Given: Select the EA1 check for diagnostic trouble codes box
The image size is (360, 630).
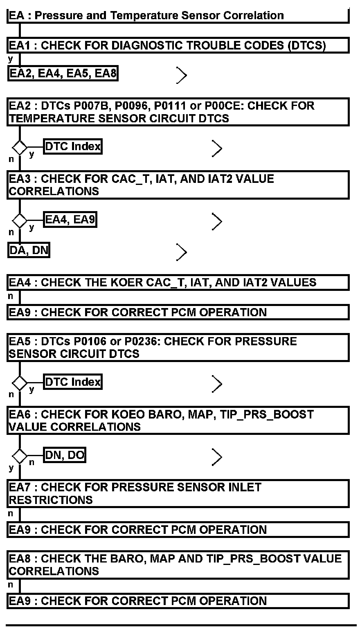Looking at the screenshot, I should tap(178, 45).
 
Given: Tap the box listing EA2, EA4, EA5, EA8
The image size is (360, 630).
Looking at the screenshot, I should tap(63, 74).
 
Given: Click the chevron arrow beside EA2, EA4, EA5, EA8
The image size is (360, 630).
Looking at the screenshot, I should tap(182, 75).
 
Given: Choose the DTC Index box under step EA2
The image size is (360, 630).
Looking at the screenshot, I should tap(73, 146).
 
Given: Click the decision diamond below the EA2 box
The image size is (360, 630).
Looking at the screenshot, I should tap(19, 147).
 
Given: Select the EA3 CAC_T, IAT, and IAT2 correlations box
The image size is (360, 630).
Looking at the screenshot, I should tap(178, 185).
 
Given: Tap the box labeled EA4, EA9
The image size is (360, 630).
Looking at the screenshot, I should tap(70, 220).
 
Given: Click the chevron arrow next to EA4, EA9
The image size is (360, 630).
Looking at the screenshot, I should tap(217, 221).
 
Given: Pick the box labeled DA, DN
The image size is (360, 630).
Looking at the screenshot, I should tap(29, 250).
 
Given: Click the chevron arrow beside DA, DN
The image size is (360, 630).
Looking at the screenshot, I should tap(182, 252).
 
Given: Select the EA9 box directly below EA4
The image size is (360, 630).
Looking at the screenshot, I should tap(178, 312).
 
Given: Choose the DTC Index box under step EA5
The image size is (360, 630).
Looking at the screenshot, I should tap(73, 382).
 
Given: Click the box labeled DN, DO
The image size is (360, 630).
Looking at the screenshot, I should tap(65, 455).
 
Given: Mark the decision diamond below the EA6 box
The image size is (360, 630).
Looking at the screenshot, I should tap(19, 456).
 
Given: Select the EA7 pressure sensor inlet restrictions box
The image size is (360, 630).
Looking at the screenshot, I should tap(178, 493).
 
